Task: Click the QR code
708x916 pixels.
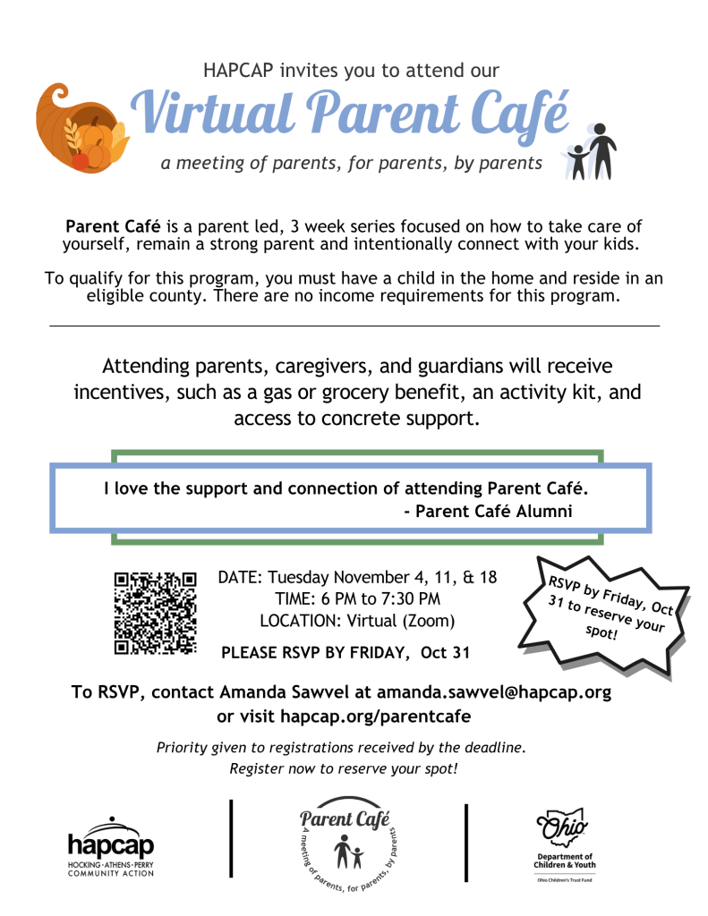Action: (x=155, y=611)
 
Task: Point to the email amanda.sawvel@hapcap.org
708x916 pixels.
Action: (x=494, y=692)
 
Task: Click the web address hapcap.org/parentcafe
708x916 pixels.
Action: (x=375, y=716)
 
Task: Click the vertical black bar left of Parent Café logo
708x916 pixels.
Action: (x=233, y=838)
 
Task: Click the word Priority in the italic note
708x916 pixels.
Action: (x=183, y=747)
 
